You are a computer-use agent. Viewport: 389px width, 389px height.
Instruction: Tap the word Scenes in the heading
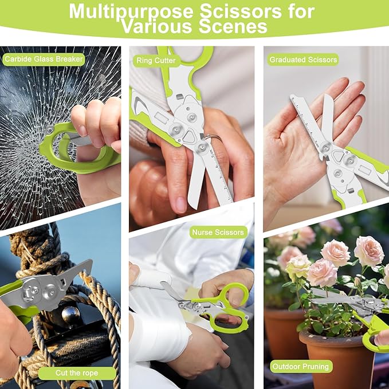pyautogui.click(x=233, y=26)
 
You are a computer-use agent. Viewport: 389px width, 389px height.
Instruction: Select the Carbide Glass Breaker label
pyautogui.click(x=44, y=59)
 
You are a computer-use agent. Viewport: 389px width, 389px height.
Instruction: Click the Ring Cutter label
pyautogui.click(x=156, y=61)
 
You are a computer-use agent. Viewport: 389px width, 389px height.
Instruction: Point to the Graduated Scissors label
pyautogui.click(x=303, y=60)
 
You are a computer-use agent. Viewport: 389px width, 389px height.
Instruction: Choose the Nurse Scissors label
pyautogui.click(x=218, y=232)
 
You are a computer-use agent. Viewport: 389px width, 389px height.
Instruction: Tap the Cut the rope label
pyautogui.click(x=77, y=372)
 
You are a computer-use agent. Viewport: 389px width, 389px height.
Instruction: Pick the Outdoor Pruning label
pyautogui.click(x=301, y=367)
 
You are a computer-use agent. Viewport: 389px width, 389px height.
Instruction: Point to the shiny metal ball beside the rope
pyautogui.click(x=70, y=315)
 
